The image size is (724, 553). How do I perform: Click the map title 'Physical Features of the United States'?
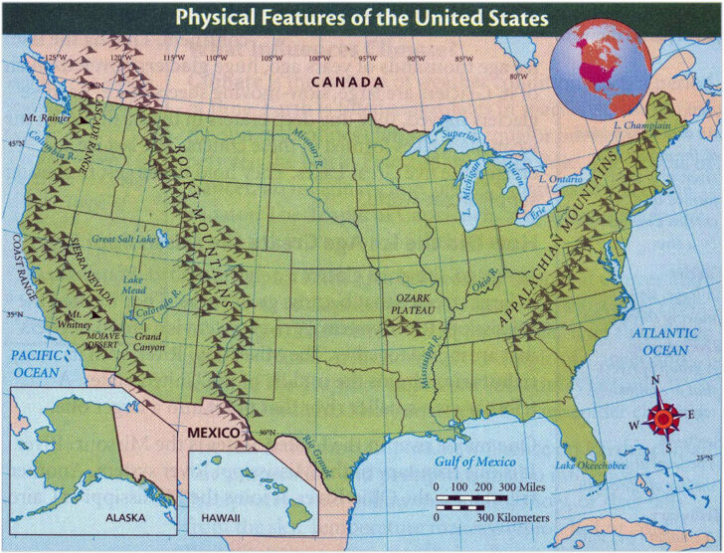click(x=361, y=17)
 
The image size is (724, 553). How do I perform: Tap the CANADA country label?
click(x=347, y=82)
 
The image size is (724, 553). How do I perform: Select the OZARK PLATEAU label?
click(x=411, y=304)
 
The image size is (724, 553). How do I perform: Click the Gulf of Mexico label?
click(x=475, y=461)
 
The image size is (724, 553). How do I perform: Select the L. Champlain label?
click(x=642, y=127)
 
